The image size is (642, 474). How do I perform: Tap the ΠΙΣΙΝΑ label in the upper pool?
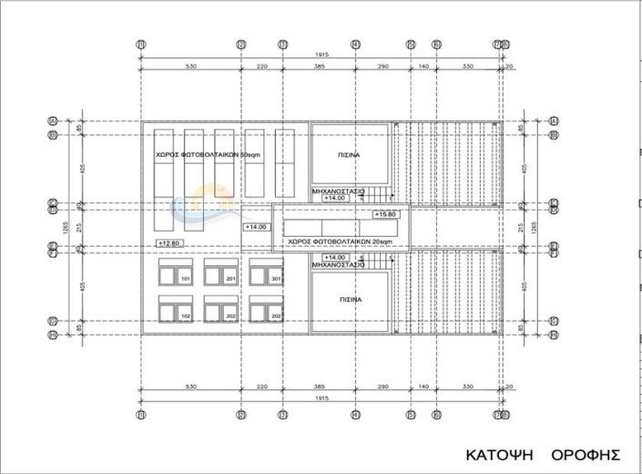click(351, 155)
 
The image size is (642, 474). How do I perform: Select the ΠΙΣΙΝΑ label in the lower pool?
click(351, 299)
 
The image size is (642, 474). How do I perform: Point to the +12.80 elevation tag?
click(169, 243)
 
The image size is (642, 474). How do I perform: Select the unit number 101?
click(185, 278)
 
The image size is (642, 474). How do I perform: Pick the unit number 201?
click(230, 278)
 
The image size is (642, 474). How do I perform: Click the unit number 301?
click(276, 278)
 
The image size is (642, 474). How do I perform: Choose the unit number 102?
click(185, 315)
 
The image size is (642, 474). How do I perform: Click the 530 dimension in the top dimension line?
click(191, 67)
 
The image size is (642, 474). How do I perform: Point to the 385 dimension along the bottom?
click(319, 386)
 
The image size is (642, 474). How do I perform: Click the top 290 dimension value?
click(382, 67)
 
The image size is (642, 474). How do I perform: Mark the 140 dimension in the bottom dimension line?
click(423, 386)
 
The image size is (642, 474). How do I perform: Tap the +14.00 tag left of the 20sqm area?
click(256, 226)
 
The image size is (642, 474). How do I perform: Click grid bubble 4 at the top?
click(355, 44)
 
